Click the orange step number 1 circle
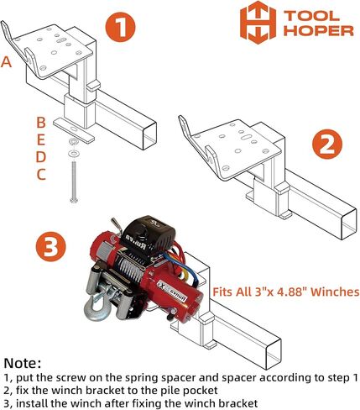(120, 27)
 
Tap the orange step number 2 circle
(327, 144)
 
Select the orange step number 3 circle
(50, 246)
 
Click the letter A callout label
(6, 62)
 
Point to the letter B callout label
(41, 123)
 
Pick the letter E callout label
(41, 139)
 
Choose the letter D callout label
(41, 157)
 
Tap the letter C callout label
(41, 175)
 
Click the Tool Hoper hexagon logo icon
(258, 23)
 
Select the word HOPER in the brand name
(319, 30)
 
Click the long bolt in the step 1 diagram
(74, 181)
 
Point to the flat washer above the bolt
(74, 154)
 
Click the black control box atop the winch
(149, 234)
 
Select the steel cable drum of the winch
(132, 268)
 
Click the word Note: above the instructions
(23, 363)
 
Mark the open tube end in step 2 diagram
(349, 224)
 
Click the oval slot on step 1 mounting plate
(60, 41)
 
